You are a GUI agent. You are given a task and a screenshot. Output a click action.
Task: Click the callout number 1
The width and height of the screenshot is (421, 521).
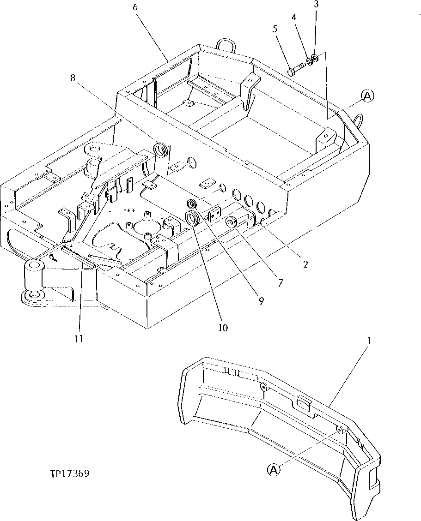tap(368, 342)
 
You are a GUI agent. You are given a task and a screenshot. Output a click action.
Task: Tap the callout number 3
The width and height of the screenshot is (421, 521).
tap(316, 5)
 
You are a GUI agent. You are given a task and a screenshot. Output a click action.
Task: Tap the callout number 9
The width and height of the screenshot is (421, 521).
tap(261, 301)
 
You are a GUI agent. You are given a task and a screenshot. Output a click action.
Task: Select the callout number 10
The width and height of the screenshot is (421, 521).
tap(224, 328)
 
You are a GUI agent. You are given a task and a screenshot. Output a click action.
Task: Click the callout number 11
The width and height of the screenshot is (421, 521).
tap(79, 338)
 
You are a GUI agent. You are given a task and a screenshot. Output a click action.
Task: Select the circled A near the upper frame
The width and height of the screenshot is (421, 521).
tap(367, 96)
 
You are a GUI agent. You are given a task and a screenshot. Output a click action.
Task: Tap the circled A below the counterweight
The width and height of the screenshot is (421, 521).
tap(273, 470)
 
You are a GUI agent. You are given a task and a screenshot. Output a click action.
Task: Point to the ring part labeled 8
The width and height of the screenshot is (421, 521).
tap(160, 150)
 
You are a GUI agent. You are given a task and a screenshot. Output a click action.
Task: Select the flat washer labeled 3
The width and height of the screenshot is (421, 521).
tap(314, 58)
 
